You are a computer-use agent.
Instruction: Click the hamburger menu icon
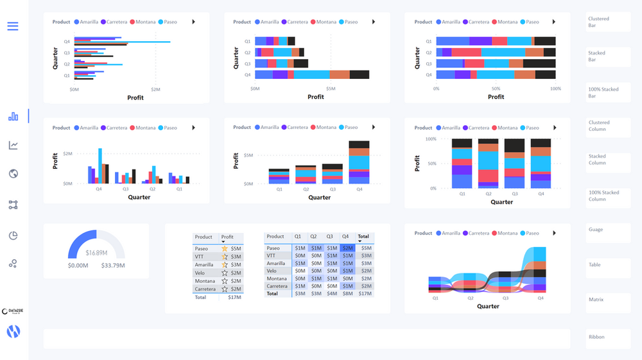click(x=13, y=26)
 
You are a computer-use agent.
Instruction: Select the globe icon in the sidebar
click(x=13, y=174)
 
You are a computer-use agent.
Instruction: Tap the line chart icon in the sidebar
click(x=13, y=146)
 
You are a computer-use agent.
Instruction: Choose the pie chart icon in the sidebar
click(x=13, y=236)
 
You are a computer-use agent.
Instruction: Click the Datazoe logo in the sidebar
click(x=13, y=311)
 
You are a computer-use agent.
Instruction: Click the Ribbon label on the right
click(x=596, y=337)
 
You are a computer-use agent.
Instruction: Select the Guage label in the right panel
click(x=596, y=229)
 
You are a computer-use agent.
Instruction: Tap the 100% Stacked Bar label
click(x=603, y=92)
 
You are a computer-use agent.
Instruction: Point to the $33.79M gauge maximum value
click(x=113, y=265)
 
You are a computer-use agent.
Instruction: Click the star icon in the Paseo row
click(x=225, y=248)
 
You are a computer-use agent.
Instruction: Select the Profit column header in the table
click(x=228, y=237)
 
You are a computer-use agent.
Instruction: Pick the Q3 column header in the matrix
click(x=330, y=237)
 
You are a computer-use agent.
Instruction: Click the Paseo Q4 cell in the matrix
click(x=347, y=248)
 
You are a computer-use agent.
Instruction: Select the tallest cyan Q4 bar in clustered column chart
click(x=100, y=166)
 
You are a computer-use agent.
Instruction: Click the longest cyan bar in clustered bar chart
click(x=122, y=42)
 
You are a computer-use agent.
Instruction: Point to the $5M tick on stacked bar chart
click(x=331, y=89)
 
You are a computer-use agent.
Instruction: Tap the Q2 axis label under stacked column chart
click(x=306, y=189)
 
